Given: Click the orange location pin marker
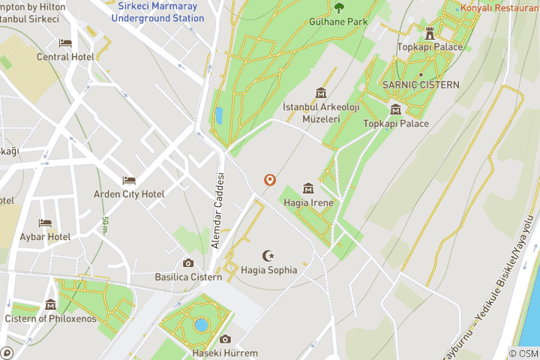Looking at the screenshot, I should [269, 180].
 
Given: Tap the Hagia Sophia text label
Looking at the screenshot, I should [269, 270].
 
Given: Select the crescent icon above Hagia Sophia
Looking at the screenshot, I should [268, 256].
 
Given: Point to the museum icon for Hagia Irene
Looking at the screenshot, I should [307, 188].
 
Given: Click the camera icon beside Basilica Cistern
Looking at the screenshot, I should [188, 263].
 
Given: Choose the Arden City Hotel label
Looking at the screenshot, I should [129, 194].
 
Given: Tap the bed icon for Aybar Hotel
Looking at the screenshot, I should [45, 223].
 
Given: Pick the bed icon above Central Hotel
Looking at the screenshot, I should [65, 43].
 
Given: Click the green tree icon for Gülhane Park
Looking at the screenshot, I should [339, 8].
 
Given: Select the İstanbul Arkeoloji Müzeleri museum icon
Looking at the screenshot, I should [321, 93].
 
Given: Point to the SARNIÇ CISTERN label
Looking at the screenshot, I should [421, 85].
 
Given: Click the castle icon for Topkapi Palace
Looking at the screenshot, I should [430, 33].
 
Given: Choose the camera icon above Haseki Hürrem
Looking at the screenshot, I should [225, 340].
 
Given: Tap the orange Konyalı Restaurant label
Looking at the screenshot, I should [501, 9].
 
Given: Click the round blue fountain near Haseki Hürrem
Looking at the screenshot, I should [200, 325].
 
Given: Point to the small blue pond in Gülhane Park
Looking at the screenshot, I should [218, 115].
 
